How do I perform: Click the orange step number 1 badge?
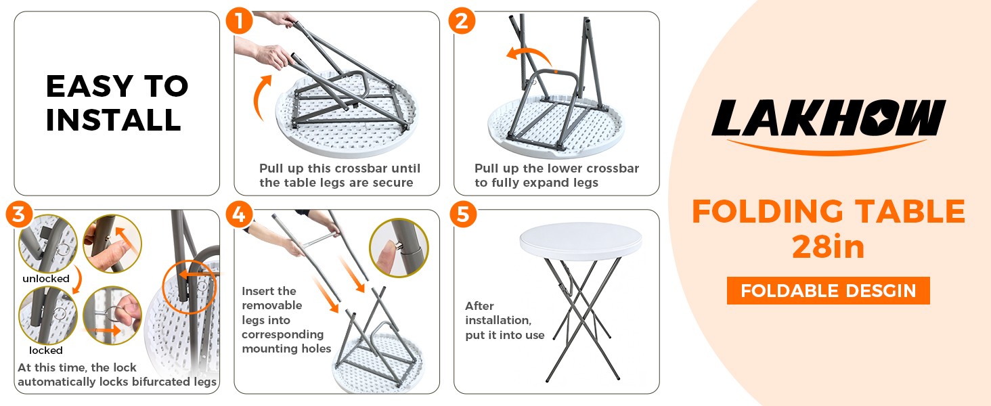pos(240,20)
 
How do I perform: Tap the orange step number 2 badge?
pos(462,20)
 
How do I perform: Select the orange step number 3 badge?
pos(19,215)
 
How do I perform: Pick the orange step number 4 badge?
pos(240,215)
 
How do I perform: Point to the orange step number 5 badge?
pos(463,215)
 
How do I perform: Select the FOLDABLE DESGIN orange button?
pos(828,290)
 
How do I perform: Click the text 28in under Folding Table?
pos(828,247)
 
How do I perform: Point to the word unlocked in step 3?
pos(46,279)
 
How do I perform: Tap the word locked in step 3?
pos(46,351)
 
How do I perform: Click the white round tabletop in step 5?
pos(580,242)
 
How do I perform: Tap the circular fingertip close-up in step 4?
pos(399,248)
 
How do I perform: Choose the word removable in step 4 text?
pos(271,305)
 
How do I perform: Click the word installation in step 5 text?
pos(498,320)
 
